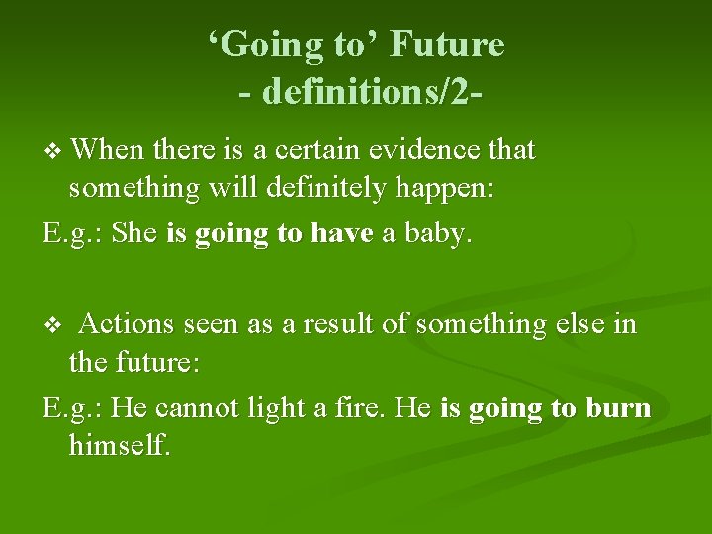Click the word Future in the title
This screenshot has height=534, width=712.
click(x=447, y=44)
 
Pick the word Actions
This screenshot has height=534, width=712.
click(x=128, y=324)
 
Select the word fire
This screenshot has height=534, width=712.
click(x=357, y=408)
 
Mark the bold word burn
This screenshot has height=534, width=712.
click(x=619, y=408)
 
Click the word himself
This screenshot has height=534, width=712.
click(x=120, y=446)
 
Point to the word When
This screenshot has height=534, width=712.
click(x=108, y=150)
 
